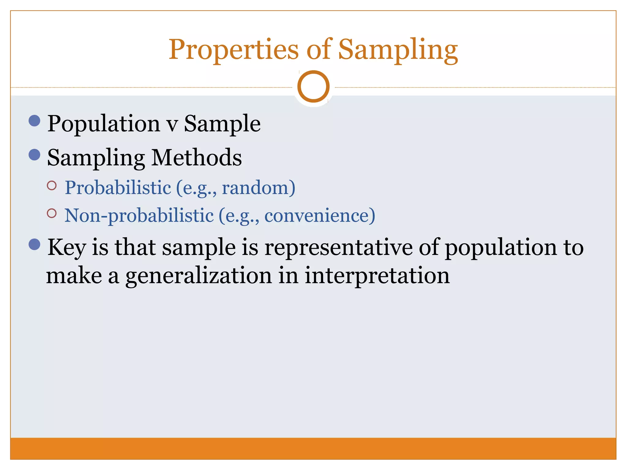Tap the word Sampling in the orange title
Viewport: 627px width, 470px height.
coord(398,50)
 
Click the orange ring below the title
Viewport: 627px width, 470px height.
coord(313,86)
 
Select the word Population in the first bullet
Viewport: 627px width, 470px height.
coord(103,124)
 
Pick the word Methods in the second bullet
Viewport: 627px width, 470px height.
coord(197,158)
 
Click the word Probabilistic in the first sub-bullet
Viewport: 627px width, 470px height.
coord(118,188)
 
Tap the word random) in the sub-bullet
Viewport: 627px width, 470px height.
coord(258,188)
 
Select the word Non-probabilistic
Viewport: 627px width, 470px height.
coord(139,215)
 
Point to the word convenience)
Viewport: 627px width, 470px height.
coord(320,215)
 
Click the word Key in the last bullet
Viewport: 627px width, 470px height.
coord(66,248)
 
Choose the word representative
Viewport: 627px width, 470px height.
coord(338,248)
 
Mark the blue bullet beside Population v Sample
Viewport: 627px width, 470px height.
coord(34,121)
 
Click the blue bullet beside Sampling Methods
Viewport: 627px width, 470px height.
coord(34,155)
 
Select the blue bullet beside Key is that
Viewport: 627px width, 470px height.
coord(34,244)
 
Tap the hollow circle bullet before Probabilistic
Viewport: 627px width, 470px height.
coord(52,185)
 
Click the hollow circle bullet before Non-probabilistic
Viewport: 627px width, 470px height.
coord(52,213)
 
